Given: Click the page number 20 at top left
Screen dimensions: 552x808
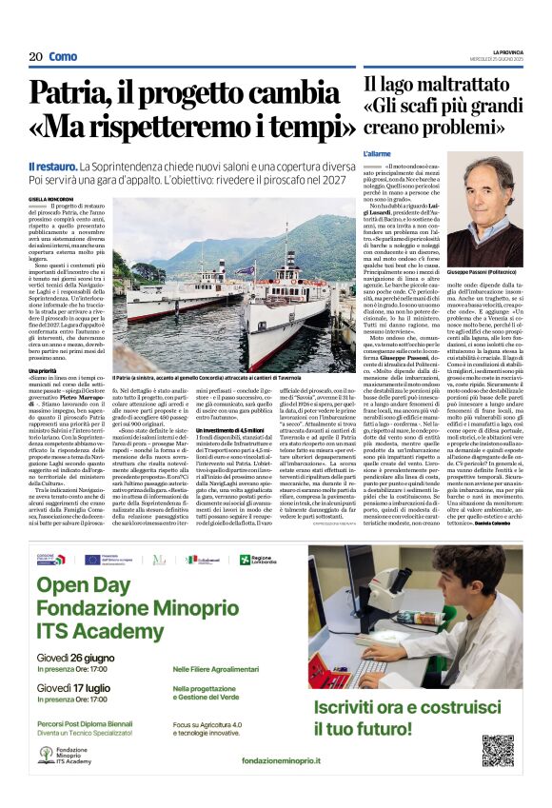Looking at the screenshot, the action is (x=34, y=57).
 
